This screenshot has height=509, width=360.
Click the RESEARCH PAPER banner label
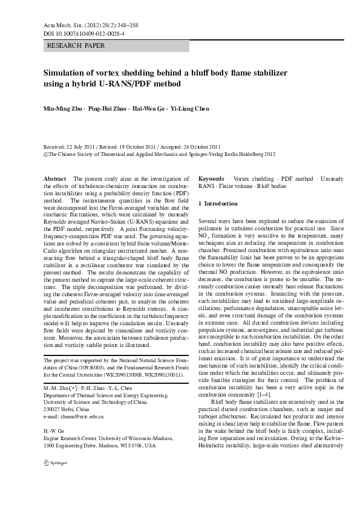coord(76,46)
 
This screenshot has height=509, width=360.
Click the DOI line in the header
coord(85,34)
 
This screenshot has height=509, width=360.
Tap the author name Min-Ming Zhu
coord(62,109)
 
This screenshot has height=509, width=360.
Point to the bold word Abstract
coord(56,180)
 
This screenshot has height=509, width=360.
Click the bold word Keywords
coord(211,180)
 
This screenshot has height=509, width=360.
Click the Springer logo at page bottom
coord(55,479)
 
